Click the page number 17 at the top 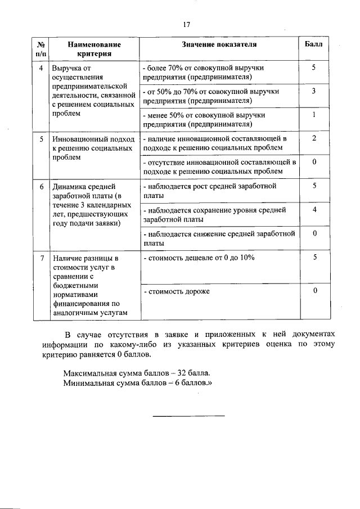point(187,24)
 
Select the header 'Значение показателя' point(219,44)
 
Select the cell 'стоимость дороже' point(177,291)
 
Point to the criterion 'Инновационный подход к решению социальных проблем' point(93,148)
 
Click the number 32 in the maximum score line point(182,373)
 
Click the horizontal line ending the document point(188,416)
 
